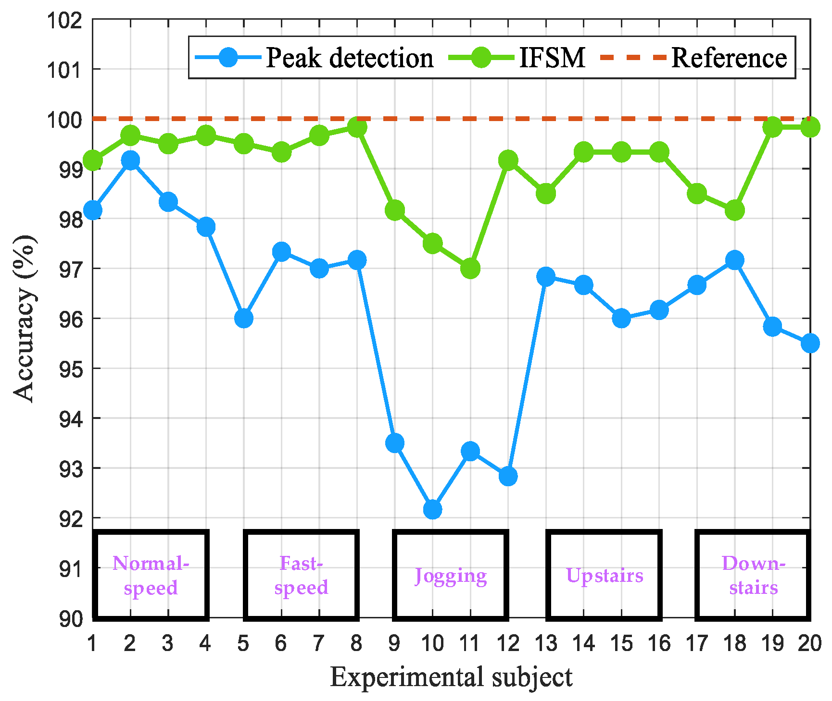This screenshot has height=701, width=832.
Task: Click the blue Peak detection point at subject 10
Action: pyautogui.click(x=432, y=509)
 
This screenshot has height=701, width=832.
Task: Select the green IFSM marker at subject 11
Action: pyautogui.click(x=470, y=268)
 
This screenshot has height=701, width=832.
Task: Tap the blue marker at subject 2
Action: pyautogui.click(x=130, y=160)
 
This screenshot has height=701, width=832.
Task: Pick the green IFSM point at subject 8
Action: pyautogui.click(x=357, y=127)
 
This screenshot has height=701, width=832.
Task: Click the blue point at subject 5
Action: pyautogui.click(x=244, y=318)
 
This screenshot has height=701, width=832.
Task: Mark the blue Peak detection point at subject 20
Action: pyautogui.click(x=810, y=343)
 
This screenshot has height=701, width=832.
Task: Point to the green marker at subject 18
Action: pyautogui.click(x=735, y=210)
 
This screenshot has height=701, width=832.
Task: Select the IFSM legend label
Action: pyautogui.click(x=552, y=58)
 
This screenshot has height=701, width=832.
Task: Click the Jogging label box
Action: pyautogui.click(x=451, y=575)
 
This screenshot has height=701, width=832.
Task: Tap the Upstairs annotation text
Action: pyautogui.click(x=605, y=575)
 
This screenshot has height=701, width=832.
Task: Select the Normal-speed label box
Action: pyautogui.click(x=151, y=575)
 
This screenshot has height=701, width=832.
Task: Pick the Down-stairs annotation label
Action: pyautogui.click(x=753, y=575)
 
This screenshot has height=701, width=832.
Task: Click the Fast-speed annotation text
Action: pyautogui.click(x=301, y=575)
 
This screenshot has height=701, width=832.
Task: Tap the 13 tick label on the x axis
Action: pyautogui.click(x=546, y=643)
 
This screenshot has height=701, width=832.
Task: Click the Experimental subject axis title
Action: pyautogui.click(x=451, y=677)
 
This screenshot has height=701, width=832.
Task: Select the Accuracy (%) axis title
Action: pyautogui.click(x=24, y=318)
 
